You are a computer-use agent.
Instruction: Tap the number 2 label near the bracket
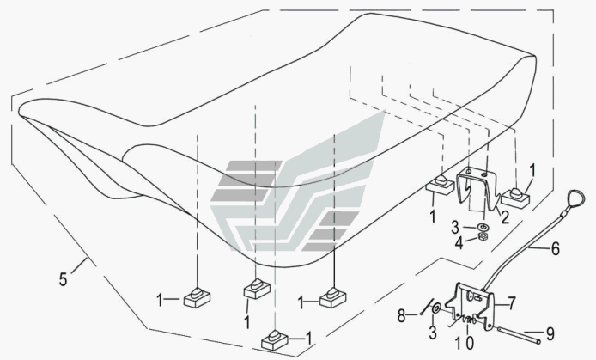(506, 218)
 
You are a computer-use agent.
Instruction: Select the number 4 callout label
(458, 244)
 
